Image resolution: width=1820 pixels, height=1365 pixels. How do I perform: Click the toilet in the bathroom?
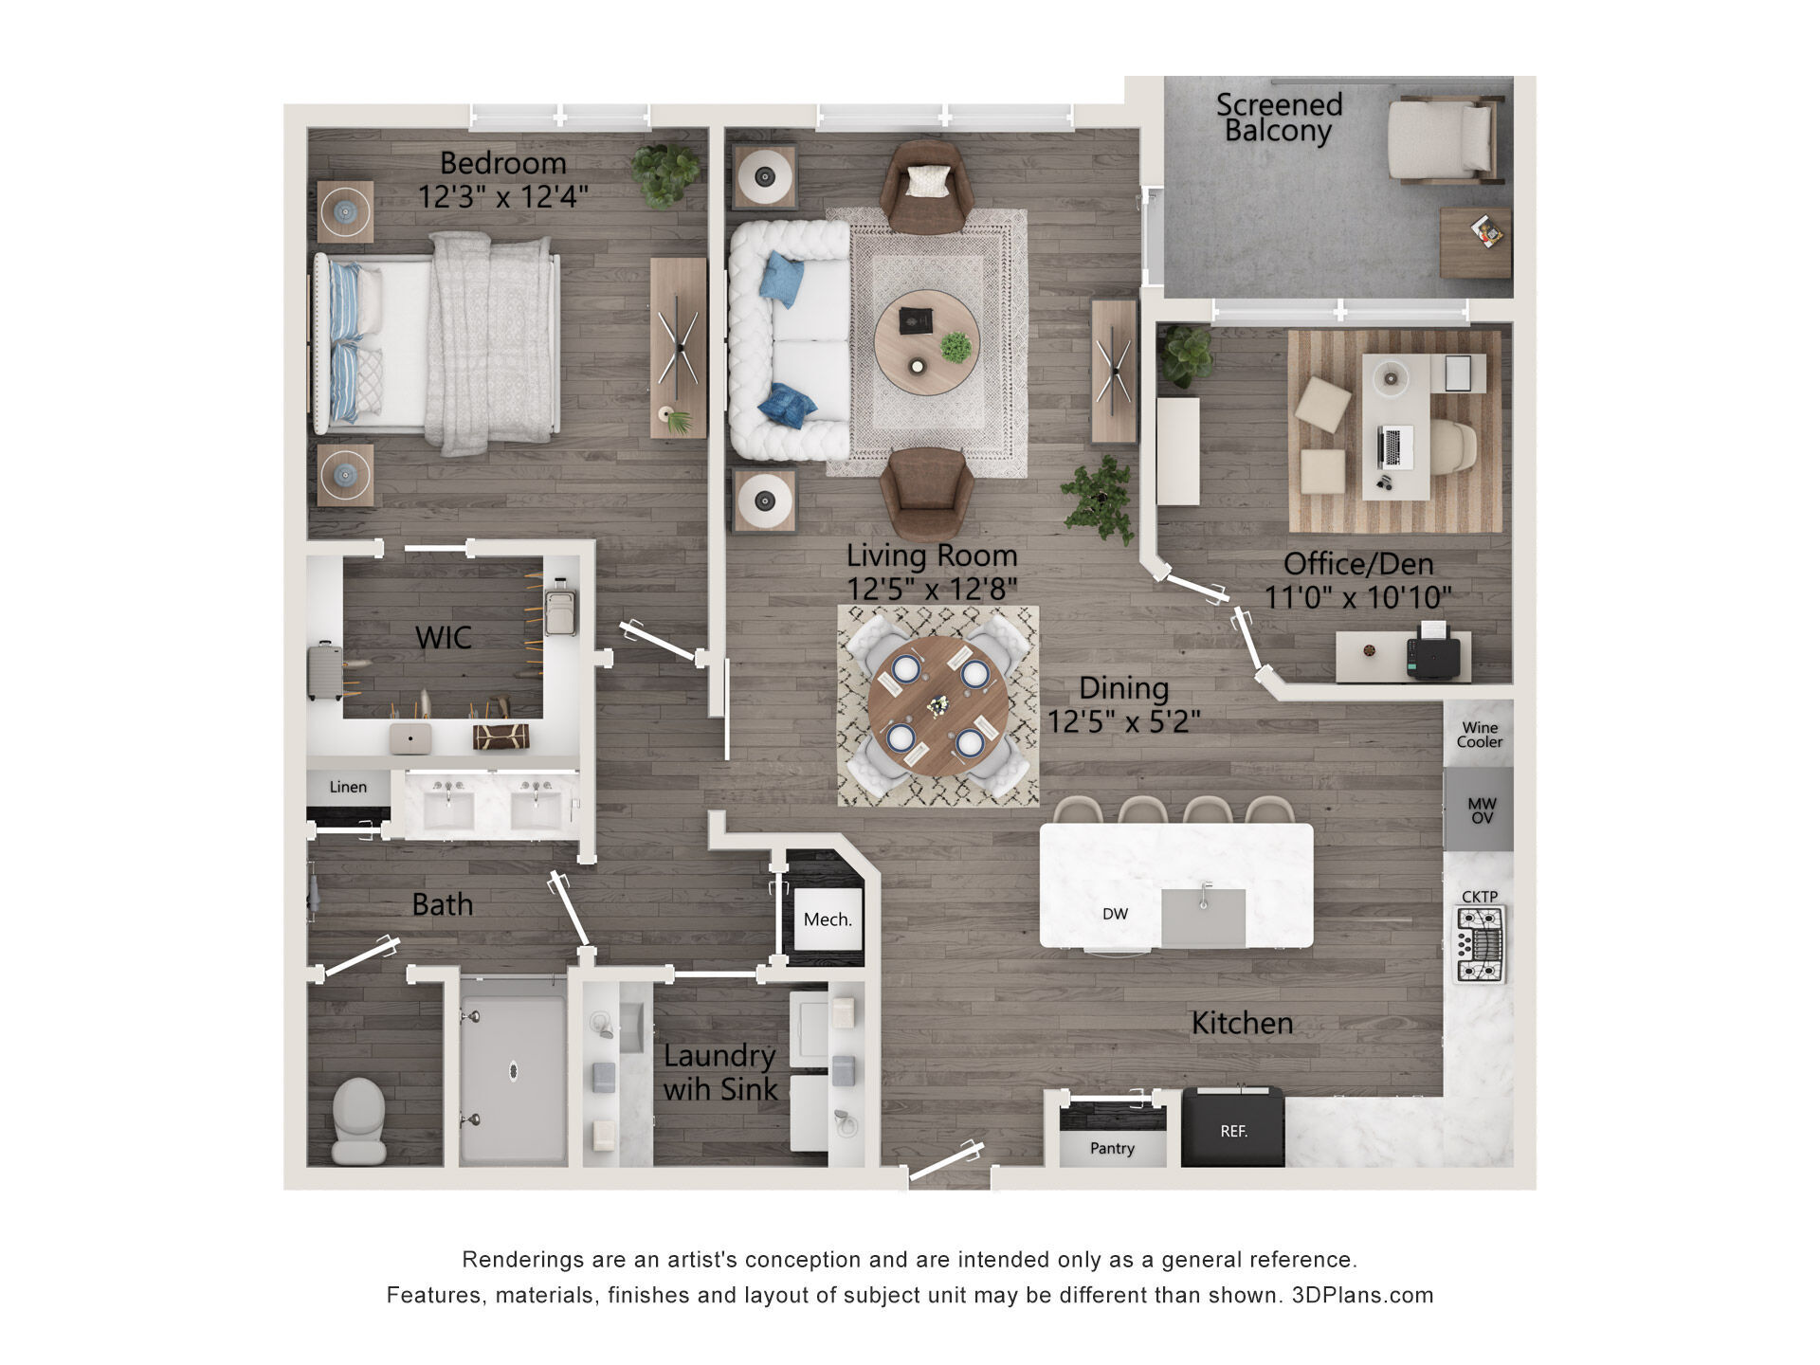tap(359, 1121)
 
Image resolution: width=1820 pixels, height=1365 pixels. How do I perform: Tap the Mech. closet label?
tap(828, 919)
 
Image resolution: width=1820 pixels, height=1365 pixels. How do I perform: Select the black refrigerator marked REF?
tap(1232, 1127)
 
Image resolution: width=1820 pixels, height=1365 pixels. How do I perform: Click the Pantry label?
tap(1112, 1149)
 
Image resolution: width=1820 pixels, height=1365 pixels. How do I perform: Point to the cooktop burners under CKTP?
tap(1480, 945)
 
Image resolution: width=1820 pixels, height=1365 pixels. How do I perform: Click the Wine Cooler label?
tap(1480, 735)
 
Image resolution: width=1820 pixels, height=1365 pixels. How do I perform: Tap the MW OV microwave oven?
tap(1481, 810)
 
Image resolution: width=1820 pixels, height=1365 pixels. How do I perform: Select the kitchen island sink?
tap(1203, 917)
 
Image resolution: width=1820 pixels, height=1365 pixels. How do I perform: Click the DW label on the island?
tap(1115, 914)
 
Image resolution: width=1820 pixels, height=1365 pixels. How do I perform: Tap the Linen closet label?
tap(348, 787)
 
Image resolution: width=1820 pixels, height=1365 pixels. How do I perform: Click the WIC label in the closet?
tap(443, 638)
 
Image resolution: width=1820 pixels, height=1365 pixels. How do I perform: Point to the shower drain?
tap(513, 1070)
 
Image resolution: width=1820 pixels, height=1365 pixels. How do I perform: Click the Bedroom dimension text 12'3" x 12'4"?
tap(503, 196)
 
